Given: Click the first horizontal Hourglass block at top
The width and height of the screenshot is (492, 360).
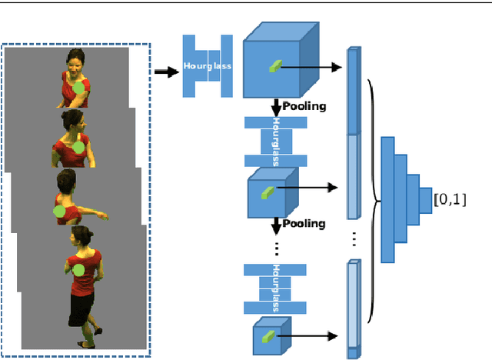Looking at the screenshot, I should pyautogui.click(x=207, y=66).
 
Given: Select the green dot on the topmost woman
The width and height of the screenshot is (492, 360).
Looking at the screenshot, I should pyautogui.click(x=78, y=89).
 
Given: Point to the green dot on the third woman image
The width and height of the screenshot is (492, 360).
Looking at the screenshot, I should pyautogui.click(x=59, y=209).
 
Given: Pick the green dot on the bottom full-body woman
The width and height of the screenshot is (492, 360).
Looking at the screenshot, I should pyautogui.click(x=79, y=269).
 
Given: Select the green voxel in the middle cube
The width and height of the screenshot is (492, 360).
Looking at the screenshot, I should pyautogui.click(x=266, y=189).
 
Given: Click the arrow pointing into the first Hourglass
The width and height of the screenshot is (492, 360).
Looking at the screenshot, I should pyautogui.click(x=164, y=72).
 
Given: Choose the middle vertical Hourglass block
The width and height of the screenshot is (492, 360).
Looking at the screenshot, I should pyautogui.click(x=274, y=141).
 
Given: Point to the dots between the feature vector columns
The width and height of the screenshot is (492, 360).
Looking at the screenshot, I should pyautogui.click(x=354, y=239).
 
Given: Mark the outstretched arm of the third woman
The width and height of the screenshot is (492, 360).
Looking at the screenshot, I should pyautogui.click(x=90, y=208).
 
